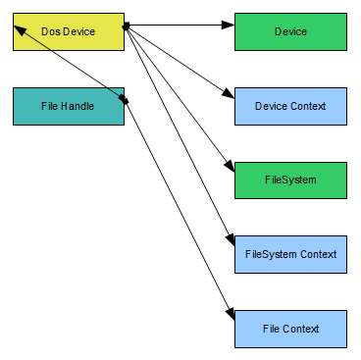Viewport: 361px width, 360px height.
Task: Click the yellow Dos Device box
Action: (69, 32)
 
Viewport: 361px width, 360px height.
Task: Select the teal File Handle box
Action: (69, 106)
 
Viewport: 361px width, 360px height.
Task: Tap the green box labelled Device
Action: (290, 32)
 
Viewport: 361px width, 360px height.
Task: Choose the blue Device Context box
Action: (290, 106)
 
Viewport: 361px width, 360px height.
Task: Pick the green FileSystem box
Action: (290, 180)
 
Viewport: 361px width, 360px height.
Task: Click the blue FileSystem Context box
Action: (290, 254)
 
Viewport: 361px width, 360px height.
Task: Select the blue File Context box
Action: (290, 329)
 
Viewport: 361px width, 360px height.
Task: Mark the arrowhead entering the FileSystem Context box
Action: (230, 243)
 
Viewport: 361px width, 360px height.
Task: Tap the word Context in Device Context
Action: (308, 106)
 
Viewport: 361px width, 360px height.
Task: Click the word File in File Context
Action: (273, 329)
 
